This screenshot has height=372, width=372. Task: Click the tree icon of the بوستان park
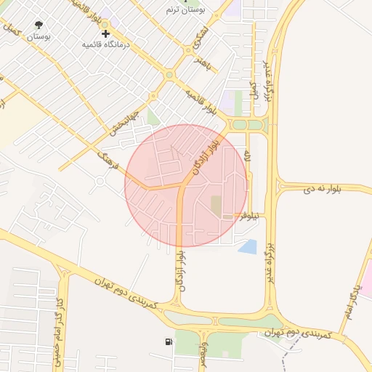point(39,25)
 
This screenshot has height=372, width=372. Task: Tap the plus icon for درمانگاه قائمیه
point(106,33)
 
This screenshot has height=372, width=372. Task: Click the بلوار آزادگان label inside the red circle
point(206,155)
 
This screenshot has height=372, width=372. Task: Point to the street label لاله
point(247,157)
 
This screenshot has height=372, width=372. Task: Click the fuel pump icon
point(169,341)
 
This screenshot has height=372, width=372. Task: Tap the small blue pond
point(248,247)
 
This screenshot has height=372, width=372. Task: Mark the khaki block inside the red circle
point(217,205)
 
